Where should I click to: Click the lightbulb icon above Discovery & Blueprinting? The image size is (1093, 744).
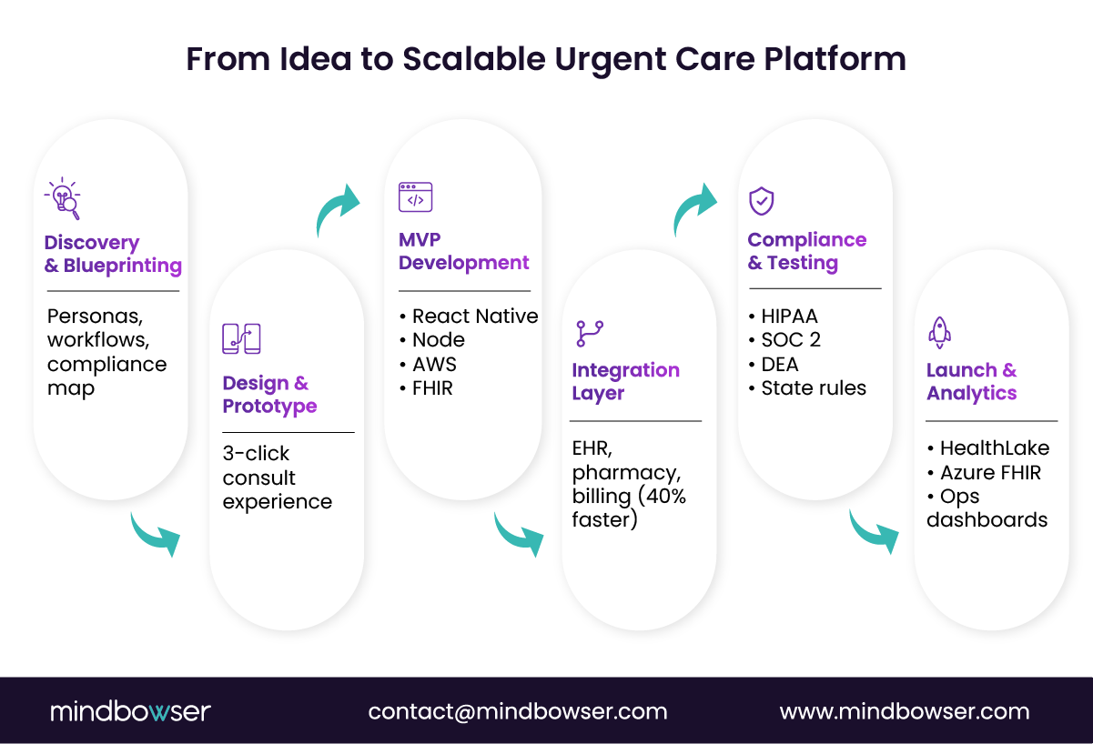[63, 198]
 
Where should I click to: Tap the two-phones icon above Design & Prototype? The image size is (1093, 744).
[241, 338]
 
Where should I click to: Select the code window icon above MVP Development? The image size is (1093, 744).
[415, 197]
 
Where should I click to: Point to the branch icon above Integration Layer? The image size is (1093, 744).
[590, 333]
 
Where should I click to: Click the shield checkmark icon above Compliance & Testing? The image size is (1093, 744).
[761, 201]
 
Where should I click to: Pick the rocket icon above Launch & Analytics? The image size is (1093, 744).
[939, 333]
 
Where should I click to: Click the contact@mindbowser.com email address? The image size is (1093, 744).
[518, 711]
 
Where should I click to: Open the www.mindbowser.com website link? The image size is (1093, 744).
[905, 711]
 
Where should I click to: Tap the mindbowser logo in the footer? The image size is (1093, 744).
[130, 711]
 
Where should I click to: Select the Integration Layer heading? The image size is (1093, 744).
[625, 381]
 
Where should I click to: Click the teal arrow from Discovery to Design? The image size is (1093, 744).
[156, 534]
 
